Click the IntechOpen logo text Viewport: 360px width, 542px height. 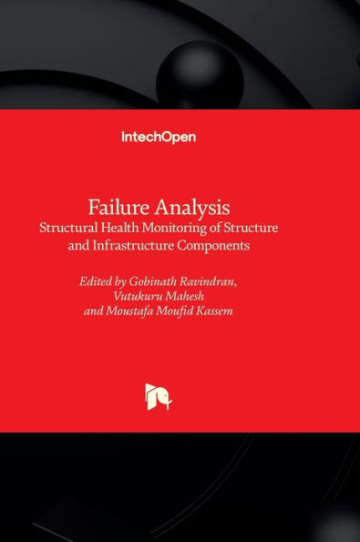pyautogui.click(x=159, y=138)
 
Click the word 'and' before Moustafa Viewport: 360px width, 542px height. pyautogui.click(x=95, y=312)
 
